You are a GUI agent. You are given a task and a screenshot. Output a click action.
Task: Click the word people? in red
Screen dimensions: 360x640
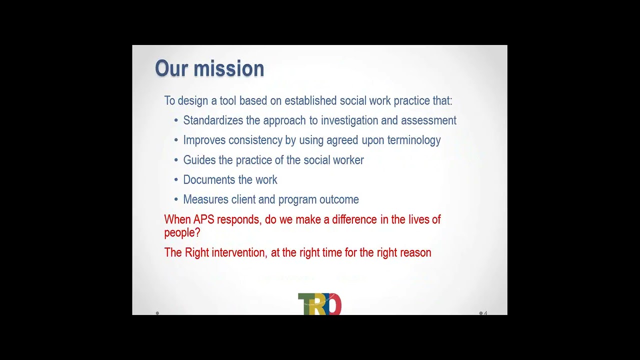point(182,232)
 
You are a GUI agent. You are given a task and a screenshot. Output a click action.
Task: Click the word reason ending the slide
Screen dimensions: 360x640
point(415,252)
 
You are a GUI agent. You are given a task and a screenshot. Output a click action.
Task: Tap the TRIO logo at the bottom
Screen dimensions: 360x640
point(319,304)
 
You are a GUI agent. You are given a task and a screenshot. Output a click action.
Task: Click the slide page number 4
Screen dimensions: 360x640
point(485,313)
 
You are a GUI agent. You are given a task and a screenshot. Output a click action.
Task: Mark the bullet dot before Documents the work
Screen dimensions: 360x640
point(176,180)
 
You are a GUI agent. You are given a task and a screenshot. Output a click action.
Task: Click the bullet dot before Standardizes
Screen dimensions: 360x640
point(176,121)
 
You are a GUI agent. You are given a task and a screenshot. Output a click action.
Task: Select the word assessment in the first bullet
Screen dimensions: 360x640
point(428,120)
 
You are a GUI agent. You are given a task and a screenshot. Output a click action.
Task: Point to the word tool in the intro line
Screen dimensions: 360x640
point(228,100)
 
